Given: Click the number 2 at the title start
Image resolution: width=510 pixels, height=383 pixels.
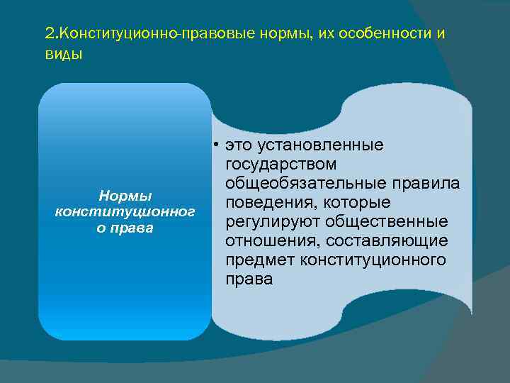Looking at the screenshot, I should (48, 33).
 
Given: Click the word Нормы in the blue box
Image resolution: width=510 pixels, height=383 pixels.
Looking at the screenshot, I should (125, 194).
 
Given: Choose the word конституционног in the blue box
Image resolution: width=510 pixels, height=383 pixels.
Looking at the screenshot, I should (125, 211).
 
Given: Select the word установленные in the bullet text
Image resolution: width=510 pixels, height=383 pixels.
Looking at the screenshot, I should (324, 145).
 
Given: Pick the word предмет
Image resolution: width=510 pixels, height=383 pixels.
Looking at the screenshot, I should (259, 260).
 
